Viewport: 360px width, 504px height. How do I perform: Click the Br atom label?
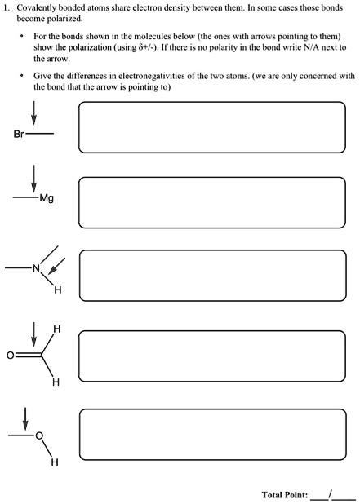(x=20, y=133)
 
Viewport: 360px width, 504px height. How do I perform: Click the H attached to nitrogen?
(x=56, y=289)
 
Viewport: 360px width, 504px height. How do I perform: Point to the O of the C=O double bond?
(x=9, y=356)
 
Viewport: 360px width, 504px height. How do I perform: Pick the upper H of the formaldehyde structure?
(x=56, y=329)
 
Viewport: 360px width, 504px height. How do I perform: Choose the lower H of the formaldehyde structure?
(x=56, y=382)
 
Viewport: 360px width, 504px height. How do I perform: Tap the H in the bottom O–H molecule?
(x=55, y=462)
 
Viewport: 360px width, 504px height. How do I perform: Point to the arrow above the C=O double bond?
(x=33, y=334)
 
